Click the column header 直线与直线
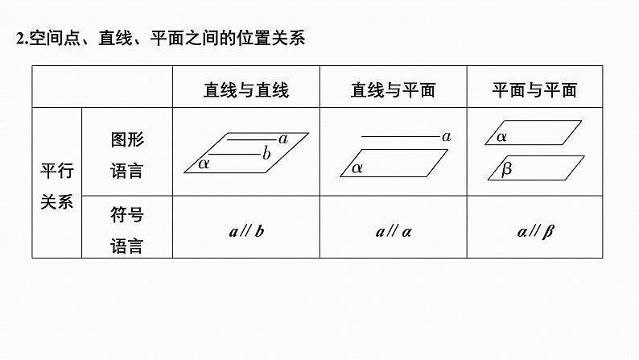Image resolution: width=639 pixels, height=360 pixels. (246, 90)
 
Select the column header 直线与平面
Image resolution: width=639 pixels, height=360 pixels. (394, 90)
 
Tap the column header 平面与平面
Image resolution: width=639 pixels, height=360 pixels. (534, 90)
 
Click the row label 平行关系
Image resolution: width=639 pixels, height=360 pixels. (57, 186)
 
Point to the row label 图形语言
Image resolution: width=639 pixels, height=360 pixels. (127, 155)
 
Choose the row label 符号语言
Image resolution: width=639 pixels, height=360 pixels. (127, 230)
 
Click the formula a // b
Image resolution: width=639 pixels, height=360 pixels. (246, 232)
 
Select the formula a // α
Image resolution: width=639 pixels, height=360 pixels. (394, 232)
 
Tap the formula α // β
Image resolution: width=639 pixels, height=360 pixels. (535, 232)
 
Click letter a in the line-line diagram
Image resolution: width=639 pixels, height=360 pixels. (283, 139)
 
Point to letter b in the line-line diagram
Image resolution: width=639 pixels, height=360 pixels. (266, 154)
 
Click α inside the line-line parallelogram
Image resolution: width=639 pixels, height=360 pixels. (204, 164)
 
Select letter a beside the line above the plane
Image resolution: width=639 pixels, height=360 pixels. (447, 137)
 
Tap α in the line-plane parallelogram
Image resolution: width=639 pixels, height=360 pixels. (357, 168)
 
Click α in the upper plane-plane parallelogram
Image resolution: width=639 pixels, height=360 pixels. (501, 137)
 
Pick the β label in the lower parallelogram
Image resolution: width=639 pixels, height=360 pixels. (506, 169)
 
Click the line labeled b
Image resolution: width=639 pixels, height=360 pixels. (234, 155)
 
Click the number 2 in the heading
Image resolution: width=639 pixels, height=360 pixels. (20, 39)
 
